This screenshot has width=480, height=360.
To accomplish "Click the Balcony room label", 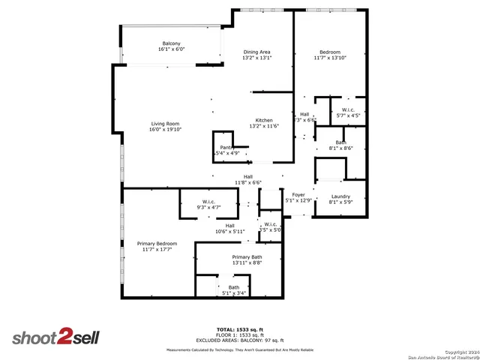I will point(171,43).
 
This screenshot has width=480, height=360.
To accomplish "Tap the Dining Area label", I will point(256,52).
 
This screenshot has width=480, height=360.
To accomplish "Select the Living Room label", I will point(165,124).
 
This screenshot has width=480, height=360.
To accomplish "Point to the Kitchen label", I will point(264,120).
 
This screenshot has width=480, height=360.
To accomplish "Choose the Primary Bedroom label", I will point(157,244).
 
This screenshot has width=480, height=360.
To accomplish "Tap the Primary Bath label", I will point(247,256).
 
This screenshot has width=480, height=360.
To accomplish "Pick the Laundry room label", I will point(340,196).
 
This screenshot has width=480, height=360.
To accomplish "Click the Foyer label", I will point(298,195).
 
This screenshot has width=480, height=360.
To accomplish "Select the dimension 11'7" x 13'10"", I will point(331,58).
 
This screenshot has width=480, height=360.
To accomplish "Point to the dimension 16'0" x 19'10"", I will point(166,130).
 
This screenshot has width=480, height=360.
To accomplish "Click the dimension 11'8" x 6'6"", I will point(247,182).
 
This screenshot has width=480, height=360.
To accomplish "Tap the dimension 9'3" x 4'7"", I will point(208,206).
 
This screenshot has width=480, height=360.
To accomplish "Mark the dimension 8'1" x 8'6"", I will point(340,148).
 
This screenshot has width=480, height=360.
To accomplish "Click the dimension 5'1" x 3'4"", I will point(234,292).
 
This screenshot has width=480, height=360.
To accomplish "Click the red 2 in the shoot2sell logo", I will point(65,337).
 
